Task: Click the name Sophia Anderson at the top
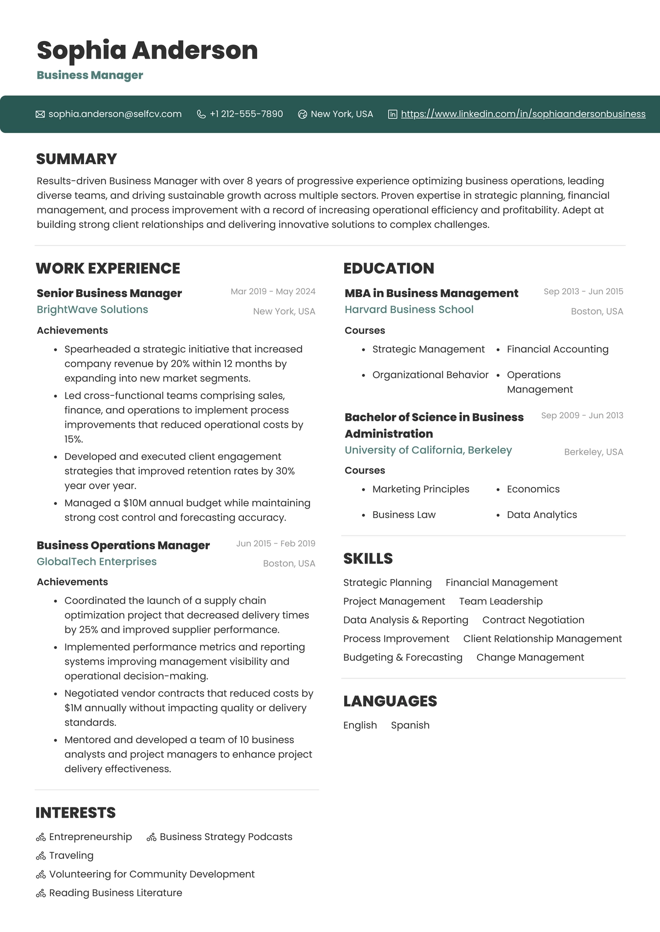click(x=147, y=50)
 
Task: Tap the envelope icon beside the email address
click(x=40, y=114)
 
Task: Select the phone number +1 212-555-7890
click(x=246, y=114)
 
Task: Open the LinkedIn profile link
click(x=523, y=114)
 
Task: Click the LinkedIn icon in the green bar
click(x=393, y=114)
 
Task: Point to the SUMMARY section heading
click(x=77, y=159)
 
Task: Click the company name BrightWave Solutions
click(x=92, y=309)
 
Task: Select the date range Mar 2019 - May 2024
click(x=273, y=291)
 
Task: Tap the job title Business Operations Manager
click(x=123, y=545)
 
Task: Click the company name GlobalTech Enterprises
click(x=97, y=562)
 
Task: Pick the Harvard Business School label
click(x=409, y=309)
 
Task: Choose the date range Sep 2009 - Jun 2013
click(x=582, y=415)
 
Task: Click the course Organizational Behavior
click(x=430, y=375)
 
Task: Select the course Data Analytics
click(x=542, y=515)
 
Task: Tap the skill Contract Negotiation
click(x=533, y=620)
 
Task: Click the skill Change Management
click(x=530, y=657)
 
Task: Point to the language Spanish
click(x=410, y=725)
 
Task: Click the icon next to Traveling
click(x=41, y=856)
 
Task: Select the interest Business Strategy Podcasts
click(x=226, y=837)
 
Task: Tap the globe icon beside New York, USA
click(x=303, y=114)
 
